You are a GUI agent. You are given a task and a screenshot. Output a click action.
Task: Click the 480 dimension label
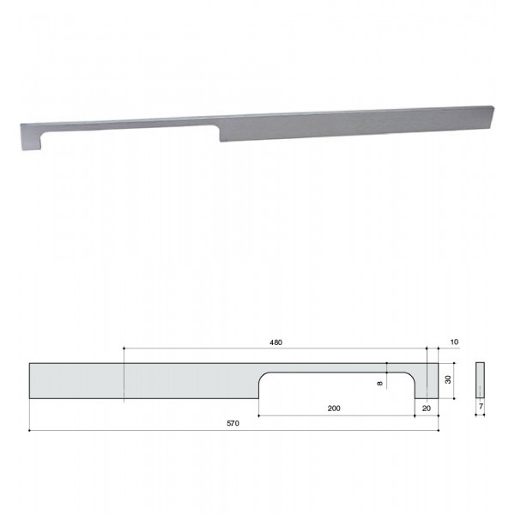click(276, 342)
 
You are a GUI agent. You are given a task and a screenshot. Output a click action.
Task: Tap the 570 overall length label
click(233, 423)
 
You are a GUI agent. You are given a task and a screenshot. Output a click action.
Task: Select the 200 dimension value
click(334, 409)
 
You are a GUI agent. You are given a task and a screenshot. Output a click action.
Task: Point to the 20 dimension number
click(427, 409)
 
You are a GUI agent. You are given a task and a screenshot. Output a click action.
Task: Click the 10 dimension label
click(454, 342)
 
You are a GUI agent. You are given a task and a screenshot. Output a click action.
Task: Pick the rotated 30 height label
click(448, 379)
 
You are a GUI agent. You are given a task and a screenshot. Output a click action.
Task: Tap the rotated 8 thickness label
click(380, 384)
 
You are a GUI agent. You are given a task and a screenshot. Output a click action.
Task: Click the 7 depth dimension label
click(481, 406)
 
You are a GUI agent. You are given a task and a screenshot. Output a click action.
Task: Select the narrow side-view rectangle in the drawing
click(480, 380)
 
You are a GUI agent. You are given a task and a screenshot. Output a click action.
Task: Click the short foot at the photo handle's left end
click(31, 142)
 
